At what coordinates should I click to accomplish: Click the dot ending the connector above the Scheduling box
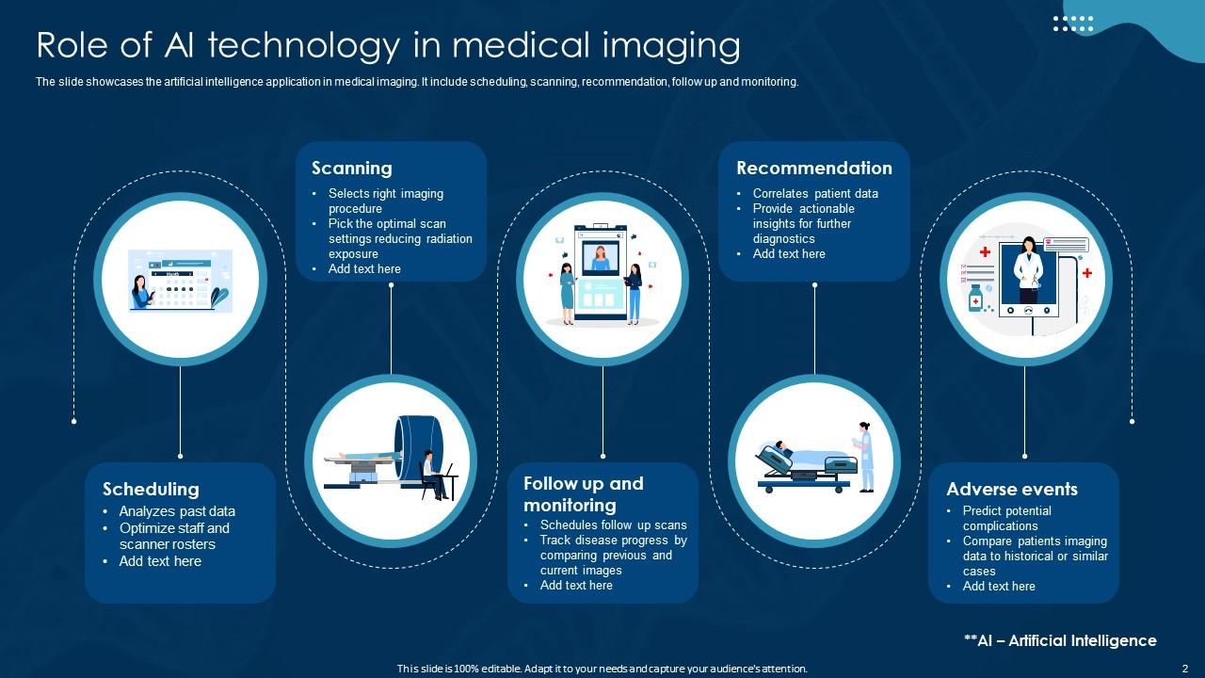tap(180, 457)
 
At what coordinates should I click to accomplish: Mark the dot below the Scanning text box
tap(391, 285)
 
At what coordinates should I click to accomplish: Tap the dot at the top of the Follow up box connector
tap(603, 457)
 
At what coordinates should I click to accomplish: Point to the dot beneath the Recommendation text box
tap(814, 285)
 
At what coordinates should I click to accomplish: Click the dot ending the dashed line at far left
tap(73, 421)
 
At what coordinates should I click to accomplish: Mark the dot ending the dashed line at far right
tap(1133, 421)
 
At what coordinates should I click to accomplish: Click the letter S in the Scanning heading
tap(317, 168)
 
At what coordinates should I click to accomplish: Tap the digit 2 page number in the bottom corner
tap(1184, 669)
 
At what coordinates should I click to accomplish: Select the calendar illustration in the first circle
tap(180, 281)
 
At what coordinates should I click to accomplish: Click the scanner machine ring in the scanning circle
tap(419, 449)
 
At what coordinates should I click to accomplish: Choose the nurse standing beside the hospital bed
tap(864, 457)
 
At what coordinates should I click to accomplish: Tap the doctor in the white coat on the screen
tap(1028, 270)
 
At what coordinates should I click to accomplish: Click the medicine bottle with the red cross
tap(975, 299)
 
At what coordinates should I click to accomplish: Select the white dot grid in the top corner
tap(1072, 24)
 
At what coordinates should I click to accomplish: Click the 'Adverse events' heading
tap(1012, 489)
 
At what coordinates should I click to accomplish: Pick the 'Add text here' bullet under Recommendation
tap(789, 254)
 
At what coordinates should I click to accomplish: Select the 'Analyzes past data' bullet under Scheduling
tap(177, 511)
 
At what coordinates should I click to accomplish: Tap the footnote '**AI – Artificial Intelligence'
tap(1060, 640)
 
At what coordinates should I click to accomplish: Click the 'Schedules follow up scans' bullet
tap(613, 525)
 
